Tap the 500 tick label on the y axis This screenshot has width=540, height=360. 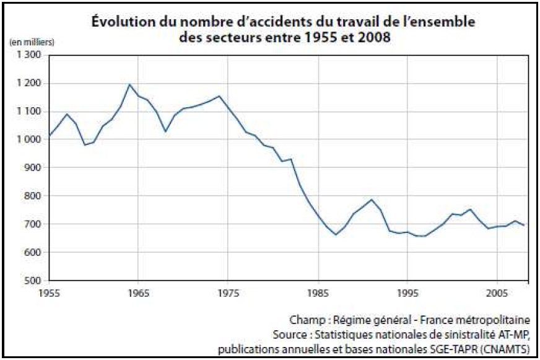tap(33, 281)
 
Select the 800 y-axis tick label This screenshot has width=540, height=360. tap(33, 196)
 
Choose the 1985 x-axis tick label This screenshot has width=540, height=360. tap(318, 291)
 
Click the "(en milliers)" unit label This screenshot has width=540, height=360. tap(32, 42)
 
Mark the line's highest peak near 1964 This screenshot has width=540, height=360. tap(129, 84)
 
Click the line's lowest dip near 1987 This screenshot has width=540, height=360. tap(336, 235)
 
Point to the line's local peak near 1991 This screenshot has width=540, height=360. tap(372, 200)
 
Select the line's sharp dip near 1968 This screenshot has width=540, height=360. tap(165, 131)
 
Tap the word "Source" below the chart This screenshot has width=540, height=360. tap(289, 335)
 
